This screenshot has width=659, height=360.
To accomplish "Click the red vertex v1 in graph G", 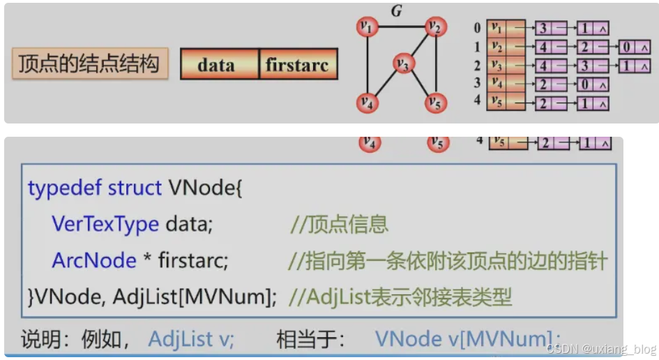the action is [x=367, y=27].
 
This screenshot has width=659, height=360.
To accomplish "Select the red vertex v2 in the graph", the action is [x=436, y=27].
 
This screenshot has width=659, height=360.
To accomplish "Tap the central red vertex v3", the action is [x=402, y=64].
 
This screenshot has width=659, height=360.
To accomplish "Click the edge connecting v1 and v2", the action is [x=401, y=27].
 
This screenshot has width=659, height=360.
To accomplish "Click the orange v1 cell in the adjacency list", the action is [x=497, y=28].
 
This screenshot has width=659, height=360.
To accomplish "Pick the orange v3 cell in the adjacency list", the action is [x=497, y=66].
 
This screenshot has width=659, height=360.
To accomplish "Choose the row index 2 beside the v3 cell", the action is [x=477, y=66].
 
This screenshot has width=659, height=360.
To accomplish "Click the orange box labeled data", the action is [x=216, y=65].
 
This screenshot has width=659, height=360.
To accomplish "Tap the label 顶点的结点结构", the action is [x=89, y=63].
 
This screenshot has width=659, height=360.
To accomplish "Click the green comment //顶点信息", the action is [x=339, y=225].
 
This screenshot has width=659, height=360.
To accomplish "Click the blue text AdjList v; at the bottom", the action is [x=192, y=340].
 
